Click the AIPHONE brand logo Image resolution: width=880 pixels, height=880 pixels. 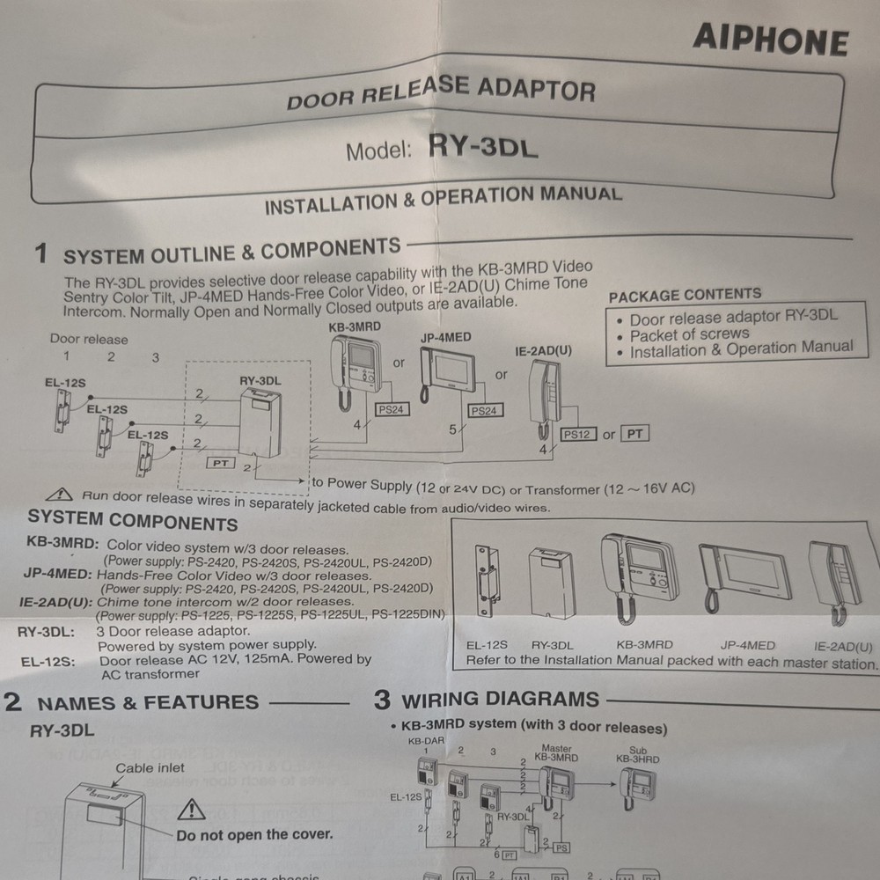pos(770,40)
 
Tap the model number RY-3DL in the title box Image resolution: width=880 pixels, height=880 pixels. pos(482,146)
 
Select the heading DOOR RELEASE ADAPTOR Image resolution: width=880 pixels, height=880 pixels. pos(440,92)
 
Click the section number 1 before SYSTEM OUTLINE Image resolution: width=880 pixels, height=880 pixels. pos(40,254)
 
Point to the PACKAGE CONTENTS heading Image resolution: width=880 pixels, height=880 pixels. pos(685,295)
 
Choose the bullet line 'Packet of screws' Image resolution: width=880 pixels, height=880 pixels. pos(689,334)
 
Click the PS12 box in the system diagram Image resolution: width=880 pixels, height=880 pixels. pos(578,435)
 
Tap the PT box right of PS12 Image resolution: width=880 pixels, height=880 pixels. pos(634,433)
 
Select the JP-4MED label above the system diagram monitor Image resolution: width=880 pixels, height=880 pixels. pos(445,337)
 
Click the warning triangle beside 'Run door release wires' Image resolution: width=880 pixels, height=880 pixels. pos(61,495)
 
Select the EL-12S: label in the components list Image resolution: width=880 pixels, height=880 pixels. pos(45,659)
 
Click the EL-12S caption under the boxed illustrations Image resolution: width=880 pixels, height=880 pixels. pos(487,645)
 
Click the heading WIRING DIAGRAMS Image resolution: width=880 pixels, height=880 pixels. pos(500,700)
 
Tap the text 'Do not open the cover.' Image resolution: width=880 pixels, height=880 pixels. pos(254,834)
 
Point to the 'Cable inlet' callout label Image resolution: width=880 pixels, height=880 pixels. pos(150,768)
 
